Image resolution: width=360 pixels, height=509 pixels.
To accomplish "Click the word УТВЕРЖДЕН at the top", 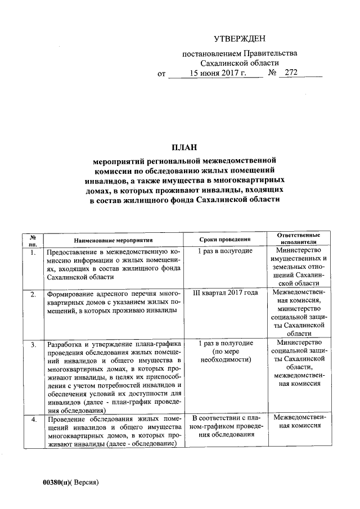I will pyautogui.click(x=238, y=39).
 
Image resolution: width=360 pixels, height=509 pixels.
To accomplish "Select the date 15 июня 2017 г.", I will pyautogui.click(x=216, y=73).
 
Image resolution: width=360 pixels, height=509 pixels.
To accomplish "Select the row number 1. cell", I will pyautogui.click(x=33, y=251).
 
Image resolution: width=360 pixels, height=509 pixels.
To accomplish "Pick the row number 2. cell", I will pyautogui.click(x=33, y=294).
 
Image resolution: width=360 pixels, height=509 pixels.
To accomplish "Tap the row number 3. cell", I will pyautogui.click(x=33, y=344).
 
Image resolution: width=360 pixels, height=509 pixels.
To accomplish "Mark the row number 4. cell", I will pyautogui.click(x=33, y=419).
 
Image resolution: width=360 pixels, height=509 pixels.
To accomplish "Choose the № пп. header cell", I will pyautogui.click(x=33, y=240).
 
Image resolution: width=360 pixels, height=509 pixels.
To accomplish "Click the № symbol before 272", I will pyautogui.click(x=272, y=73).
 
